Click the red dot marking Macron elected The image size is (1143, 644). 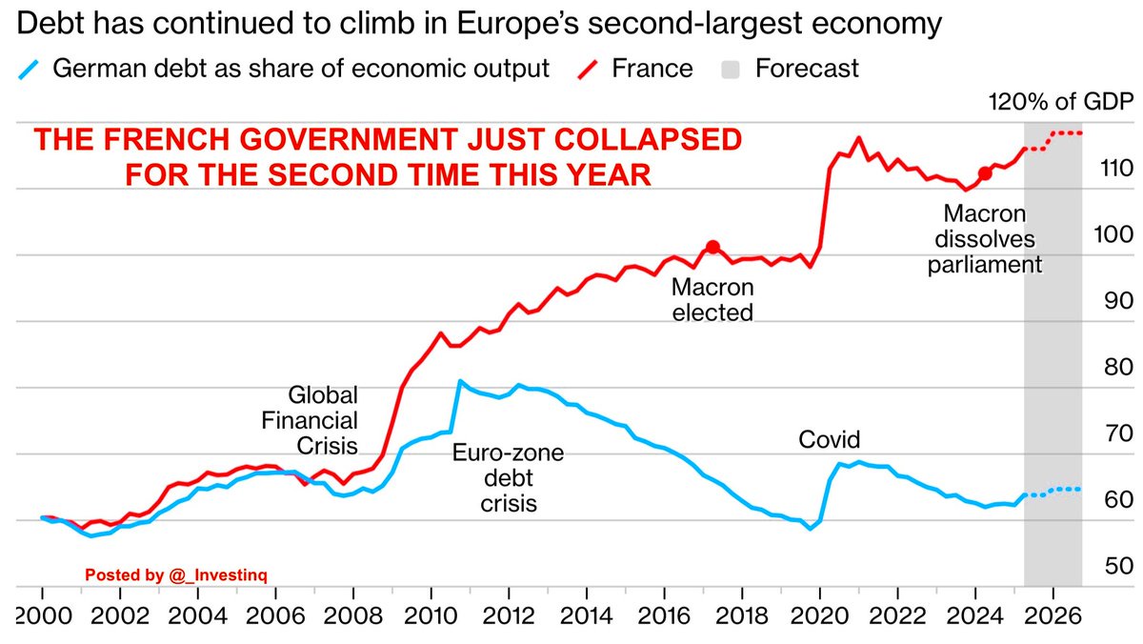click(x=712, y=247)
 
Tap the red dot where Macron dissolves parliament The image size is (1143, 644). click(x=985, y=173)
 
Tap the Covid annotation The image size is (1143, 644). click(x=829, y=440)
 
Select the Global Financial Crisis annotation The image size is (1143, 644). click(x=322, y=419)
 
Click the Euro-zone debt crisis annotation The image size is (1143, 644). click(x=494, y=478)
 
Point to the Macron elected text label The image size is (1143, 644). click(x=712, y=299)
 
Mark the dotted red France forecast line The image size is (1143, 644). click(x=1065, y=133)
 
